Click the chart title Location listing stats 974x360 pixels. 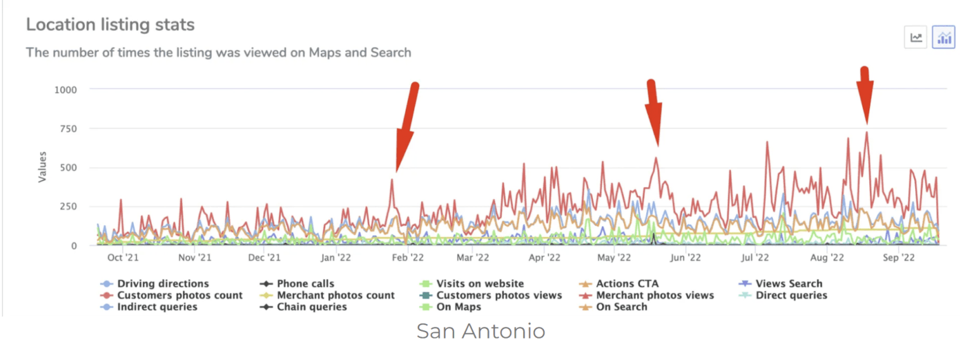pos(110,25)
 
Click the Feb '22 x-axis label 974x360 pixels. pos(407,258)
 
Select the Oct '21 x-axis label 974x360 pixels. pos(123,258)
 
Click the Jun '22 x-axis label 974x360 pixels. pos(685,258)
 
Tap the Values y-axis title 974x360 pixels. pos(42,167)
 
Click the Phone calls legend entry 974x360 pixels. pos(305,284)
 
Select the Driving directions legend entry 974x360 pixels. pos(162,284)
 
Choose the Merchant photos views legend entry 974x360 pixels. pos(654,295)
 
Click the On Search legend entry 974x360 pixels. pos(621,307)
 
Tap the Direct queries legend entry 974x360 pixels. pos(791,295)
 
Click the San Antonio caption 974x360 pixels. pos(481,331)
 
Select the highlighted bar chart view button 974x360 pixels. pos(944,38)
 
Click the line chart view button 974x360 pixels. pos(916,38)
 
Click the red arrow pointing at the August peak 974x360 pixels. pos(865,95)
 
